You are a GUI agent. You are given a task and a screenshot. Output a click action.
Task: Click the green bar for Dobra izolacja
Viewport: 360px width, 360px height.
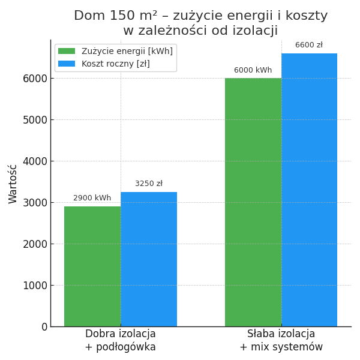click(x=92, y=266)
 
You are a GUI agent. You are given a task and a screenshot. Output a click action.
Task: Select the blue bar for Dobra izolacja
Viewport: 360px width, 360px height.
click(x=149, y=259)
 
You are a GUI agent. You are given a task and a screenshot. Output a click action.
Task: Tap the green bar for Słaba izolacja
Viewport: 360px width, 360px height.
click(x=253, y=202)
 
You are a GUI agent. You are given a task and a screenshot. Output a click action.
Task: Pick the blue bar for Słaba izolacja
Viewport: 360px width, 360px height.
click(x=309, y=190)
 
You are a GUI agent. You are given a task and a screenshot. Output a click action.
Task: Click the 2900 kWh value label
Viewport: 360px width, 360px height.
click(x=92, y=198)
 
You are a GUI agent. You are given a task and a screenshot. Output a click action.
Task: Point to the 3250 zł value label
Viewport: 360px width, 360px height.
click(x=149, y=184)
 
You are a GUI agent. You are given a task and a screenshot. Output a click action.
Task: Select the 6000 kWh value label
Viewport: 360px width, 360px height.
click(x=253, y=70)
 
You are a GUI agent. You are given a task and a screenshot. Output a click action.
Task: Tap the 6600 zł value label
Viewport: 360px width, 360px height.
click(x=309, y=45)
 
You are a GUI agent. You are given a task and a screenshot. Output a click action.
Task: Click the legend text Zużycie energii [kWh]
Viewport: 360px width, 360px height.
click(x=127, y=52)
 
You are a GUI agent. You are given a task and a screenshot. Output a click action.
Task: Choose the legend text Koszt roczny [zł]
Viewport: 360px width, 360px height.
click(x=116, y=64)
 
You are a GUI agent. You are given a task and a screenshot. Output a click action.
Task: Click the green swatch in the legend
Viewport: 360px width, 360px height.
click(x=67, y=52)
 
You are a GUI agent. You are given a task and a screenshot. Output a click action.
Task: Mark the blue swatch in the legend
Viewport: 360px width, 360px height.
click(x=67, y=64)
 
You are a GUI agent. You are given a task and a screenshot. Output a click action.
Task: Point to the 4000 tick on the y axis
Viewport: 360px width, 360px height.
click(x=35, y=161)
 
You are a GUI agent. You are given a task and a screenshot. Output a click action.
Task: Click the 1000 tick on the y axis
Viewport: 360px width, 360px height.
click(x=35, y=285)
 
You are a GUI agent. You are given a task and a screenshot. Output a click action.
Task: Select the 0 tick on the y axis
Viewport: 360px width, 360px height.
click(x=44, y=326)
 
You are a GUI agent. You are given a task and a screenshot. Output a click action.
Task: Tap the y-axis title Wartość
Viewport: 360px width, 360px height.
click(x=13, y=184)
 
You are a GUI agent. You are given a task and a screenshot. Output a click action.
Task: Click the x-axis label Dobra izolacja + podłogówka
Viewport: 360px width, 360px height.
click(x=121, y=340)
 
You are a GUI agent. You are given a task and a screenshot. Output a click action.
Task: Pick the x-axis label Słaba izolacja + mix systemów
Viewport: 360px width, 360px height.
click(x=281, y=340)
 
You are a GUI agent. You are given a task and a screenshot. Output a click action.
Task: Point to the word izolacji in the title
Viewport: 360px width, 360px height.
click(x=253, y=31)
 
